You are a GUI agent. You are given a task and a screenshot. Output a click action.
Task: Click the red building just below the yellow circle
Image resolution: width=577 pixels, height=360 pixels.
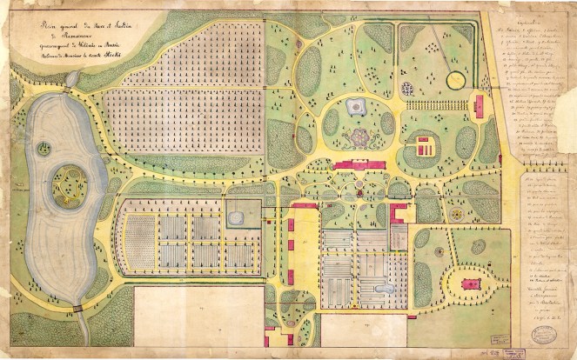[x=479, y=107]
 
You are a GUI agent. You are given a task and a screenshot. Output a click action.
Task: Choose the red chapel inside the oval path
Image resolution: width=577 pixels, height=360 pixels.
[x=471, y=284]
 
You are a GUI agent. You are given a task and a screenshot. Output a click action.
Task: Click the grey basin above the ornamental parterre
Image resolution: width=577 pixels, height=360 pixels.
[x=355, y=107]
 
